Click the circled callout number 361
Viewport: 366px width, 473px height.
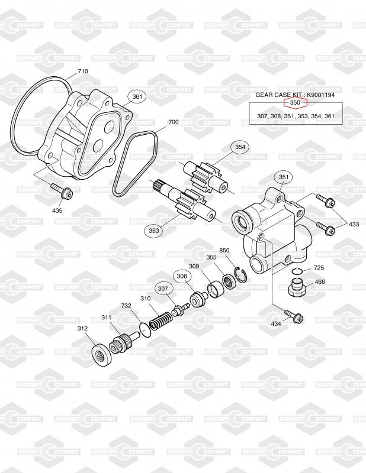pos(137,96)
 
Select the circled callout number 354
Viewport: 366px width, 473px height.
pos(240,147)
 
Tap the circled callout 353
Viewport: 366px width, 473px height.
pos(154,231)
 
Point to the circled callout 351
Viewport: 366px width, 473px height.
pos(284,177)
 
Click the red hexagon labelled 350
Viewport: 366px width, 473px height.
pos(296,102)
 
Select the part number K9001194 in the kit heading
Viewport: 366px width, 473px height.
pos(320,95)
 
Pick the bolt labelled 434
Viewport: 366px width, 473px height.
pos(294,316)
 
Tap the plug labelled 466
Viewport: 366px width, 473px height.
pos(297,287)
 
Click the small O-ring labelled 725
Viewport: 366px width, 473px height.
pos(297,271)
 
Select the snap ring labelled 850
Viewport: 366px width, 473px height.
pos(242,274)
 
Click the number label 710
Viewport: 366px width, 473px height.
pos(83,71)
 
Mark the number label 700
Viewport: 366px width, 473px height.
pos(173,122)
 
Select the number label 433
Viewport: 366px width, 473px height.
pos(354,224)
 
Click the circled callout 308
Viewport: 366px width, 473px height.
pos(182,276)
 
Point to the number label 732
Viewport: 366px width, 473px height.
pos(126,306)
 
